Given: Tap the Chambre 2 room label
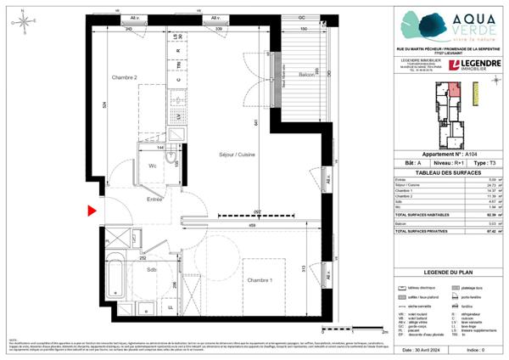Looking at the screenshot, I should [x=126, y=77].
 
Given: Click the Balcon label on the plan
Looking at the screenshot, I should [x=309, y=76].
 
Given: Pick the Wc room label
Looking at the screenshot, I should [x=154, y=166].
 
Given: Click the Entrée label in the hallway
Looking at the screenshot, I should [x=154, y=200].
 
